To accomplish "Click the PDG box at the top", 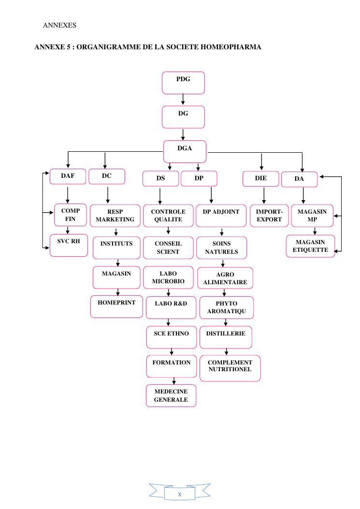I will (x=183, y=83).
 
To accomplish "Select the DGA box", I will (x=185, y=151).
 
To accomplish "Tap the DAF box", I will (x=68, y=176).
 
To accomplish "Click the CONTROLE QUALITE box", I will (x=168, y=216).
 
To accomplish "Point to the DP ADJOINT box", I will (x=221, y=216).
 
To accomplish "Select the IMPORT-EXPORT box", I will (x=269, y=216).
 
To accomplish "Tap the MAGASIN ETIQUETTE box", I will (x=310, y=246).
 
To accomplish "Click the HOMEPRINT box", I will (x=116, y=306).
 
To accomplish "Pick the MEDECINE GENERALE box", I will (x=171, y=395).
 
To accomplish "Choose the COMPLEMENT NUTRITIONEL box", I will (x=230, y=368).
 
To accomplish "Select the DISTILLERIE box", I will (x=226, y=337).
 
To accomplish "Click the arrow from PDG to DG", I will (x=183, y=100).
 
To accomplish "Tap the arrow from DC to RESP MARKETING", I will (x=107, y=194).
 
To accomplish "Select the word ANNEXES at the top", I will (x=59, y=25).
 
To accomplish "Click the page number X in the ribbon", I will (x=179, y=494).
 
